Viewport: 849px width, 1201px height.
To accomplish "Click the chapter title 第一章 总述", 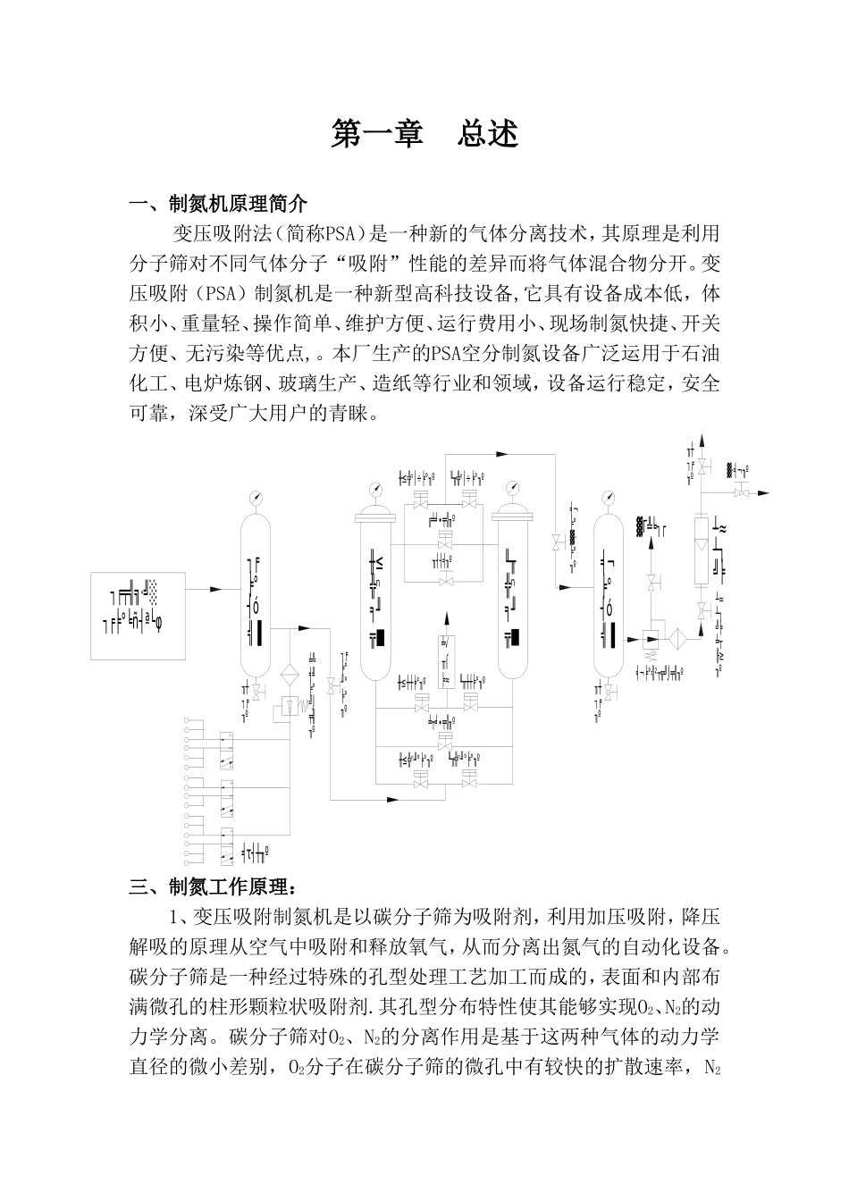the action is click(424, 134).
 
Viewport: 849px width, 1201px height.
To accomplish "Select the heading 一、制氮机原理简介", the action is click(218, 205).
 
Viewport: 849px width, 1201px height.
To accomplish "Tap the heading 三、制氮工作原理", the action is click(211, 886).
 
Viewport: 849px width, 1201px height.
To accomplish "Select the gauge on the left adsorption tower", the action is click(375, 488).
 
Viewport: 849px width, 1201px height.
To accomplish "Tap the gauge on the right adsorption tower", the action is click(512, 488).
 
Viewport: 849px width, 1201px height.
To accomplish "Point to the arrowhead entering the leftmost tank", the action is click(215, 589).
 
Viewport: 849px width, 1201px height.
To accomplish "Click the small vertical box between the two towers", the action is click(444, 660).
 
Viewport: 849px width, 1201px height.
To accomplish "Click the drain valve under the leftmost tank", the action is click(257, 692).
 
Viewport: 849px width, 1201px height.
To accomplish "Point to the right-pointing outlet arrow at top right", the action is click(765, 492).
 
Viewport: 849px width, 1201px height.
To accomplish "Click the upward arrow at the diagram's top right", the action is click(702, 441).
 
